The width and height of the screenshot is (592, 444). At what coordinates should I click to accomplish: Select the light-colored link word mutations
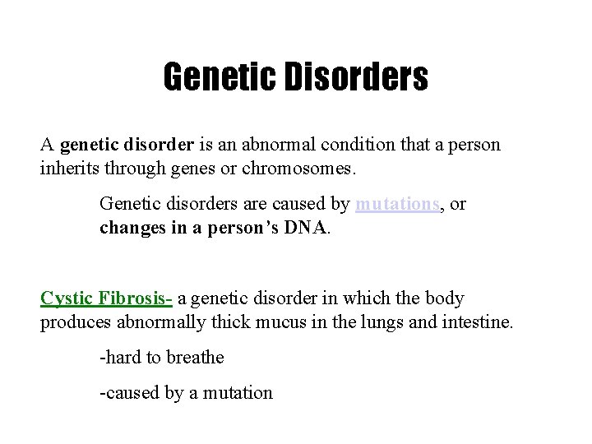click(397, 204)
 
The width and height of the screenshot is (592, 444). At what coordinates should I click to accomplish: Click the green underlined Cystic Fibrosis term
click(105, 298)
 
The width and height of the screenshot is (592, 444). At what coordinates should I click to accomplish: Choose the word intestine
click(476, 321)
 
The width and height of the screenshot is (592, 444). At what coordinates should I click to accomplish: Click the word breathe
click(194, 358)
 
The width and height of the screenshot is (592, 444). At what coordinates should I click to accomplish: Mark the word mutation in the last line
click(239, 393)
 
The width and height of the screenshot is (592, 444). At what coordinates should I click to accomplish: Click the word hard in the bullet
click(121, 358)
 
